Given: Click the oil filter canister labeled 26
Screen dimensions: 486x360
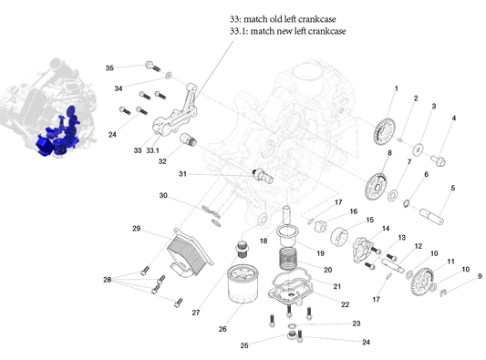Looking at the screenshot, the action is coord(243,284).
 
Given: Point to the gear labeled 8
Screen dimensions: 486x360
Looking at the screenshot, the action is coord(377,187).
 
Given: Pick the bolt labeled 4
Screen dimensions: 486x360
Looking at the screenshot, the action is coord(439,160).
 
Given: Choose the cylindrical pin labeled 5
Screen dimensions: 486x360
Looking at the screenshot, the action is coord(432,216).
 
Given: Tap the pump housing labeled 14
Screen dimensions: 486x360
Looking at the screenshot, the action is coord(363,250).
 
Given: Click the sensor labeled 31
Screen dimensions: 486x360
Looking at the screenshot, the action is coord(264,176).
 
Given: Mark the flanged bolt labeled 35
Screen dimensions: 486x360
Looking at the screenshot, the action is coord(153,67).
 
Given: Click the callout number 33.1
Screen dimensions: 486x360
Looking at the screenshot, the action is coord(152,150).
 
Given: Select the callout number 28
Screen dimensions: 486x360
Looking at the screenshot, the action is coord(108,280).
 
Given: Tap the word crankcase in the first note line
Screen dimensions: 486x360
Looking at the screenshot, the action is coord(319,19).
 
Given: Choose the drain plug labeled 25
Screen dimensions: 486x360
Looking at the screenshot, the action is coord(291,335).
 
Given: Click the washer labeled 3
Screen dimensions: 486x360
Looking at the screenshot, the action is coord(419,149).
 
